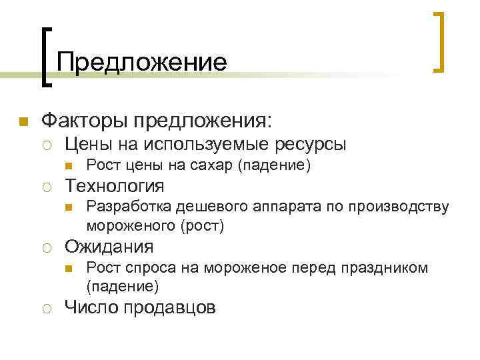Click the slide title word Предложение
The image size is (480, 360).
click(141, 62)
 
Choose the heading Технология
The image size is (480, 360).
click(114, 185)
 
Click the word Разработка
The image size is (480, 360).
click(125, 207)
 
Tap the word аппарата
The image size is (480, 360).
click(271, 207)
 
